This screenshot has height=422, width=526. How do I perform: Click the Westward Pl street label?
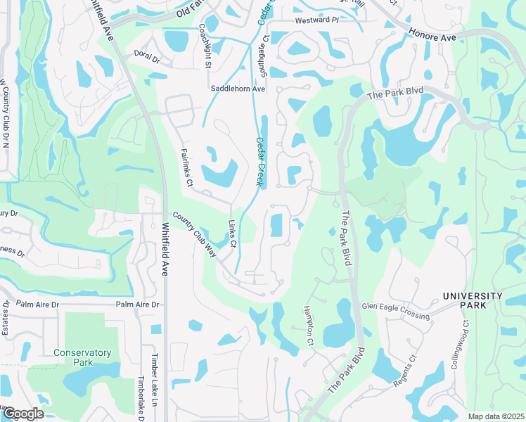point(316,22)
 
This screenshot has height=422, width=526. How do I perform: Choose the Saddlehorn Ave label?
point(238,89)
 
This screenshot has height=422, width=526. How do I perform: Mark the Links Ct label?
point(233,233)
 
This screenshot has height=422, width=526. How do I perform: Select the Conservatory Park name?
point(83,357)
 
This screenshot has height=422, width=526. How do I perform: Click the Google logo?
point(23,414)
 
